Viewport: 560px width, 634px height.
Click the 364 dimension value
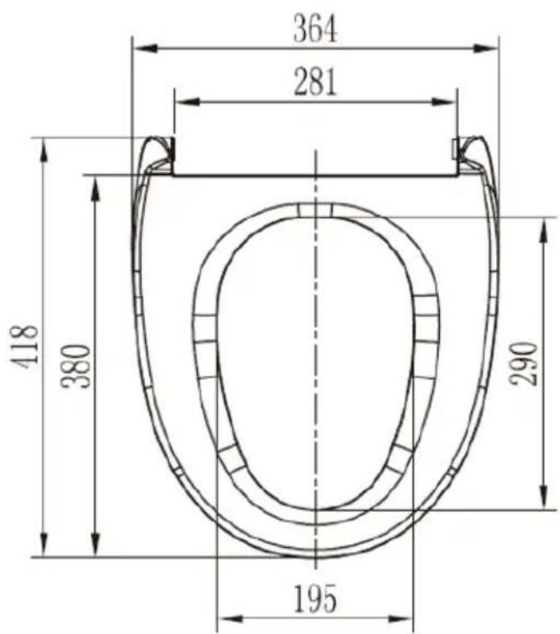[x=315, y=28]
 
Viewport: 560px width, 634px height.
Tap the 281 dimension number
[x=315, y=82]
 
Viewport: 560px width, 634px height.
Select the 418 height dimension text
[x=25, y=346]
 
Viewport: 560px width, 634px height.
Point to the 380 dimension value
[x=75, y=366]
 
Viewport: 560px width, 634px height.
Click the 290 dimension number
[x=524, y=364]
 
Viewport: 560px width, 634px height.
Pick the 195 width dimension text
[x=315, y=599]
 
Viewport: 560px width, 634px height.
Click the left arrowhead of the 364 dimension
[x=146, y=49]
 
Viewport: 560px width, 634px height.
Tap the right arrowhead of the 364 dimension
[x=485, y=49]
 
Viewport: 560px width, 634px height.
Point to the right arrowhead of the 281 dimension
[x=444, y=101]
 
